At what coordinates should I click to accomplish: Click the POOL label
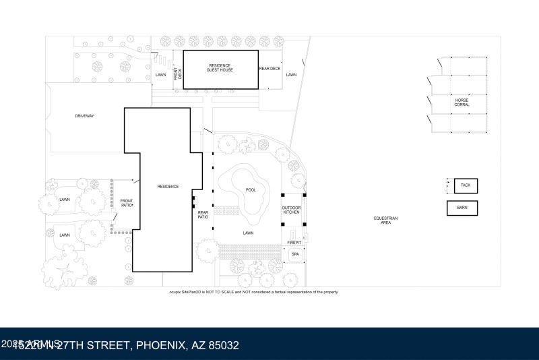[x=251, y=190]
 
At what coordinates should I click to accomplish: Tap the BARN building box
[x=462, y=208]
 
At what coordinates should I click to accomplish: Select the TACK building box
[x=465, y=185]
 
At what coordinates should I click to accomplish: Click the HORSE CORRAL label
[x=462, y=102]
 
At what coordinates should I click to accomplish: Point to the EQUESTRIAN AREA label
[x=386, y=220]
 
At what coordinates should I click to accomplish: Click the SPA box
[x=295, y=254]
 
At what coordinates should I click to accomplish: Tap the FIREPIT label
[x=294, y=242]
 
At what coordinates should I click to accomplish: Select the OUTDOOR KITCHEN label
[x=292, y=210]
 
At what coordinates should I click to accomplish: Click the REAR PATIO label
[x=203, y=214]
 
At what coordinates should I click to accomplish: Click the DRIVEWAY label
[x=84, y=116]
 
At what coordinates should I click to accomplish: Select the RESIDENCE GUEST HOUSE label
[x=221, y=68]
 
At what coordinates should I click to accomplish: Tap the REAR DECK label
[x=269, y=68]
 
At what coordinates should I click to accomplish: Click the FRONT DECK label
[x=179, y=74]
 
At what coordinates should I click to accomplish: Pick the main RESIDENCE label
[x=168, y=186]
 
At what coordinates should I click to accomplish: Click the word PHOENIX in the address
[x=160, y=345]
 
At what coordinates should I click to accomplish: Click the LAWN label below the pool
[x=248, y=233]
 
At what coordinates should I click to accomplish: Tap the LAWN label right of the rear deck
[x=291, y=74]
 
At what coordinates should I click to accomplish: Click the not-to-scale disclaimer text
[x=254, y=292]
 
